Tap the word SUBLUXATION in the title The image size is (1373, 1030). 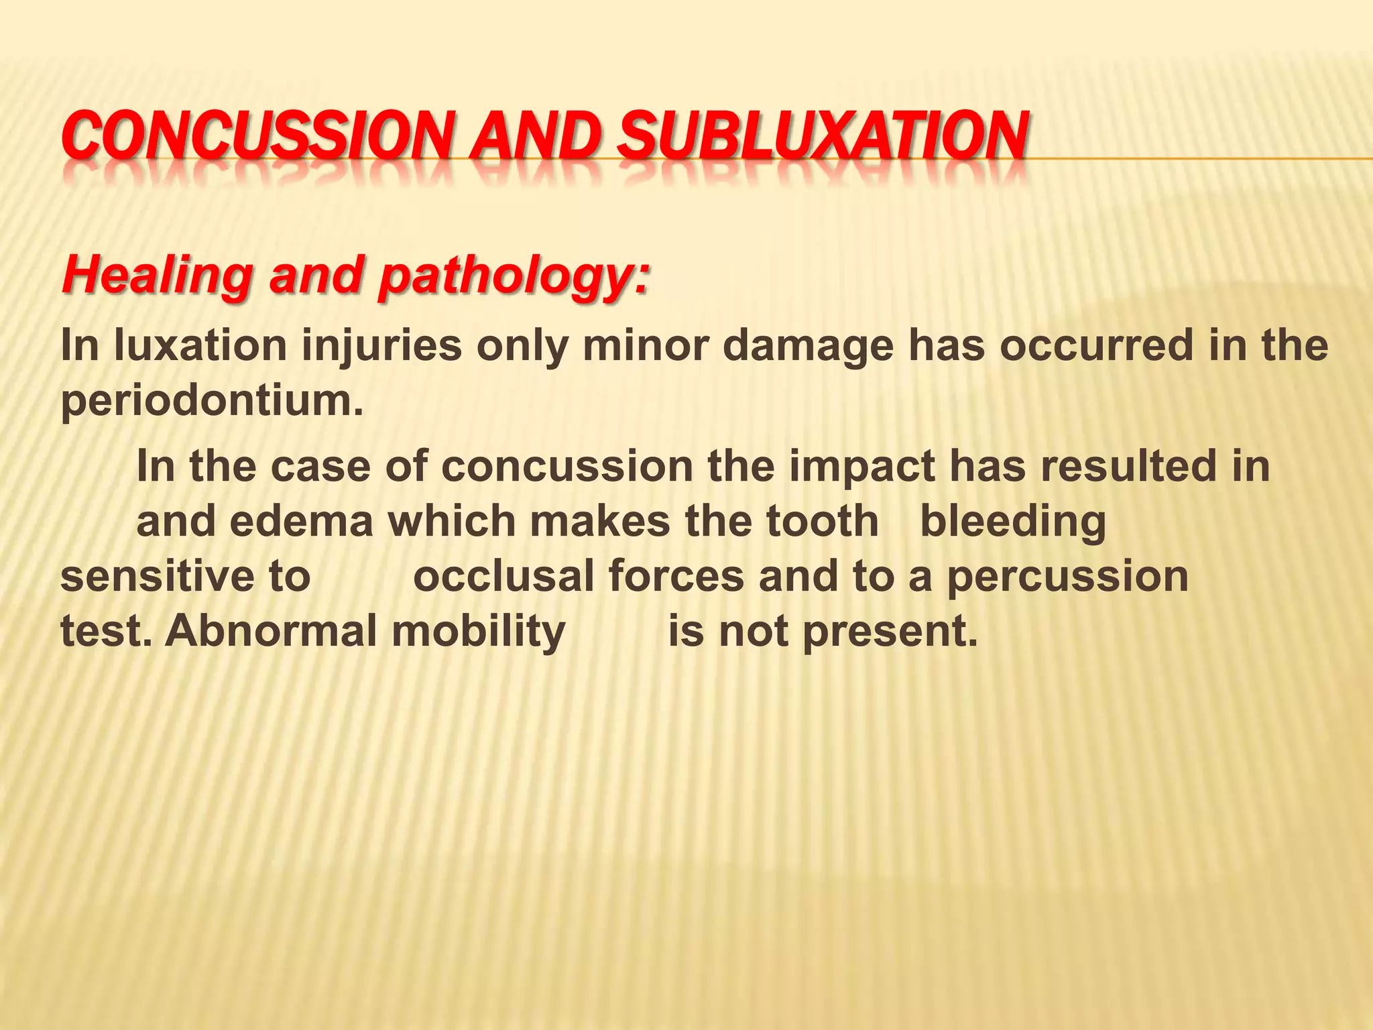(x=821, y=135)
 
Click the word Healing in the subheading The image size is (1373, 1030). (x=158, y=276)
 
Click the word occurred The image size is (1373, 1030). (x=1089, y=346)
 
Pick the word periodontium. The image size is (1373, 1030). (x=212, y=402)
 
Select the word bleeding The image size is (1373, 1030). (x=1013, y=522)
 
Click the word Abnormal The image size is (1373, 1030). (x=272, y=631)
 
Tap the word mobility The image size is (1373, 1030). (x=479, y=632)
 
